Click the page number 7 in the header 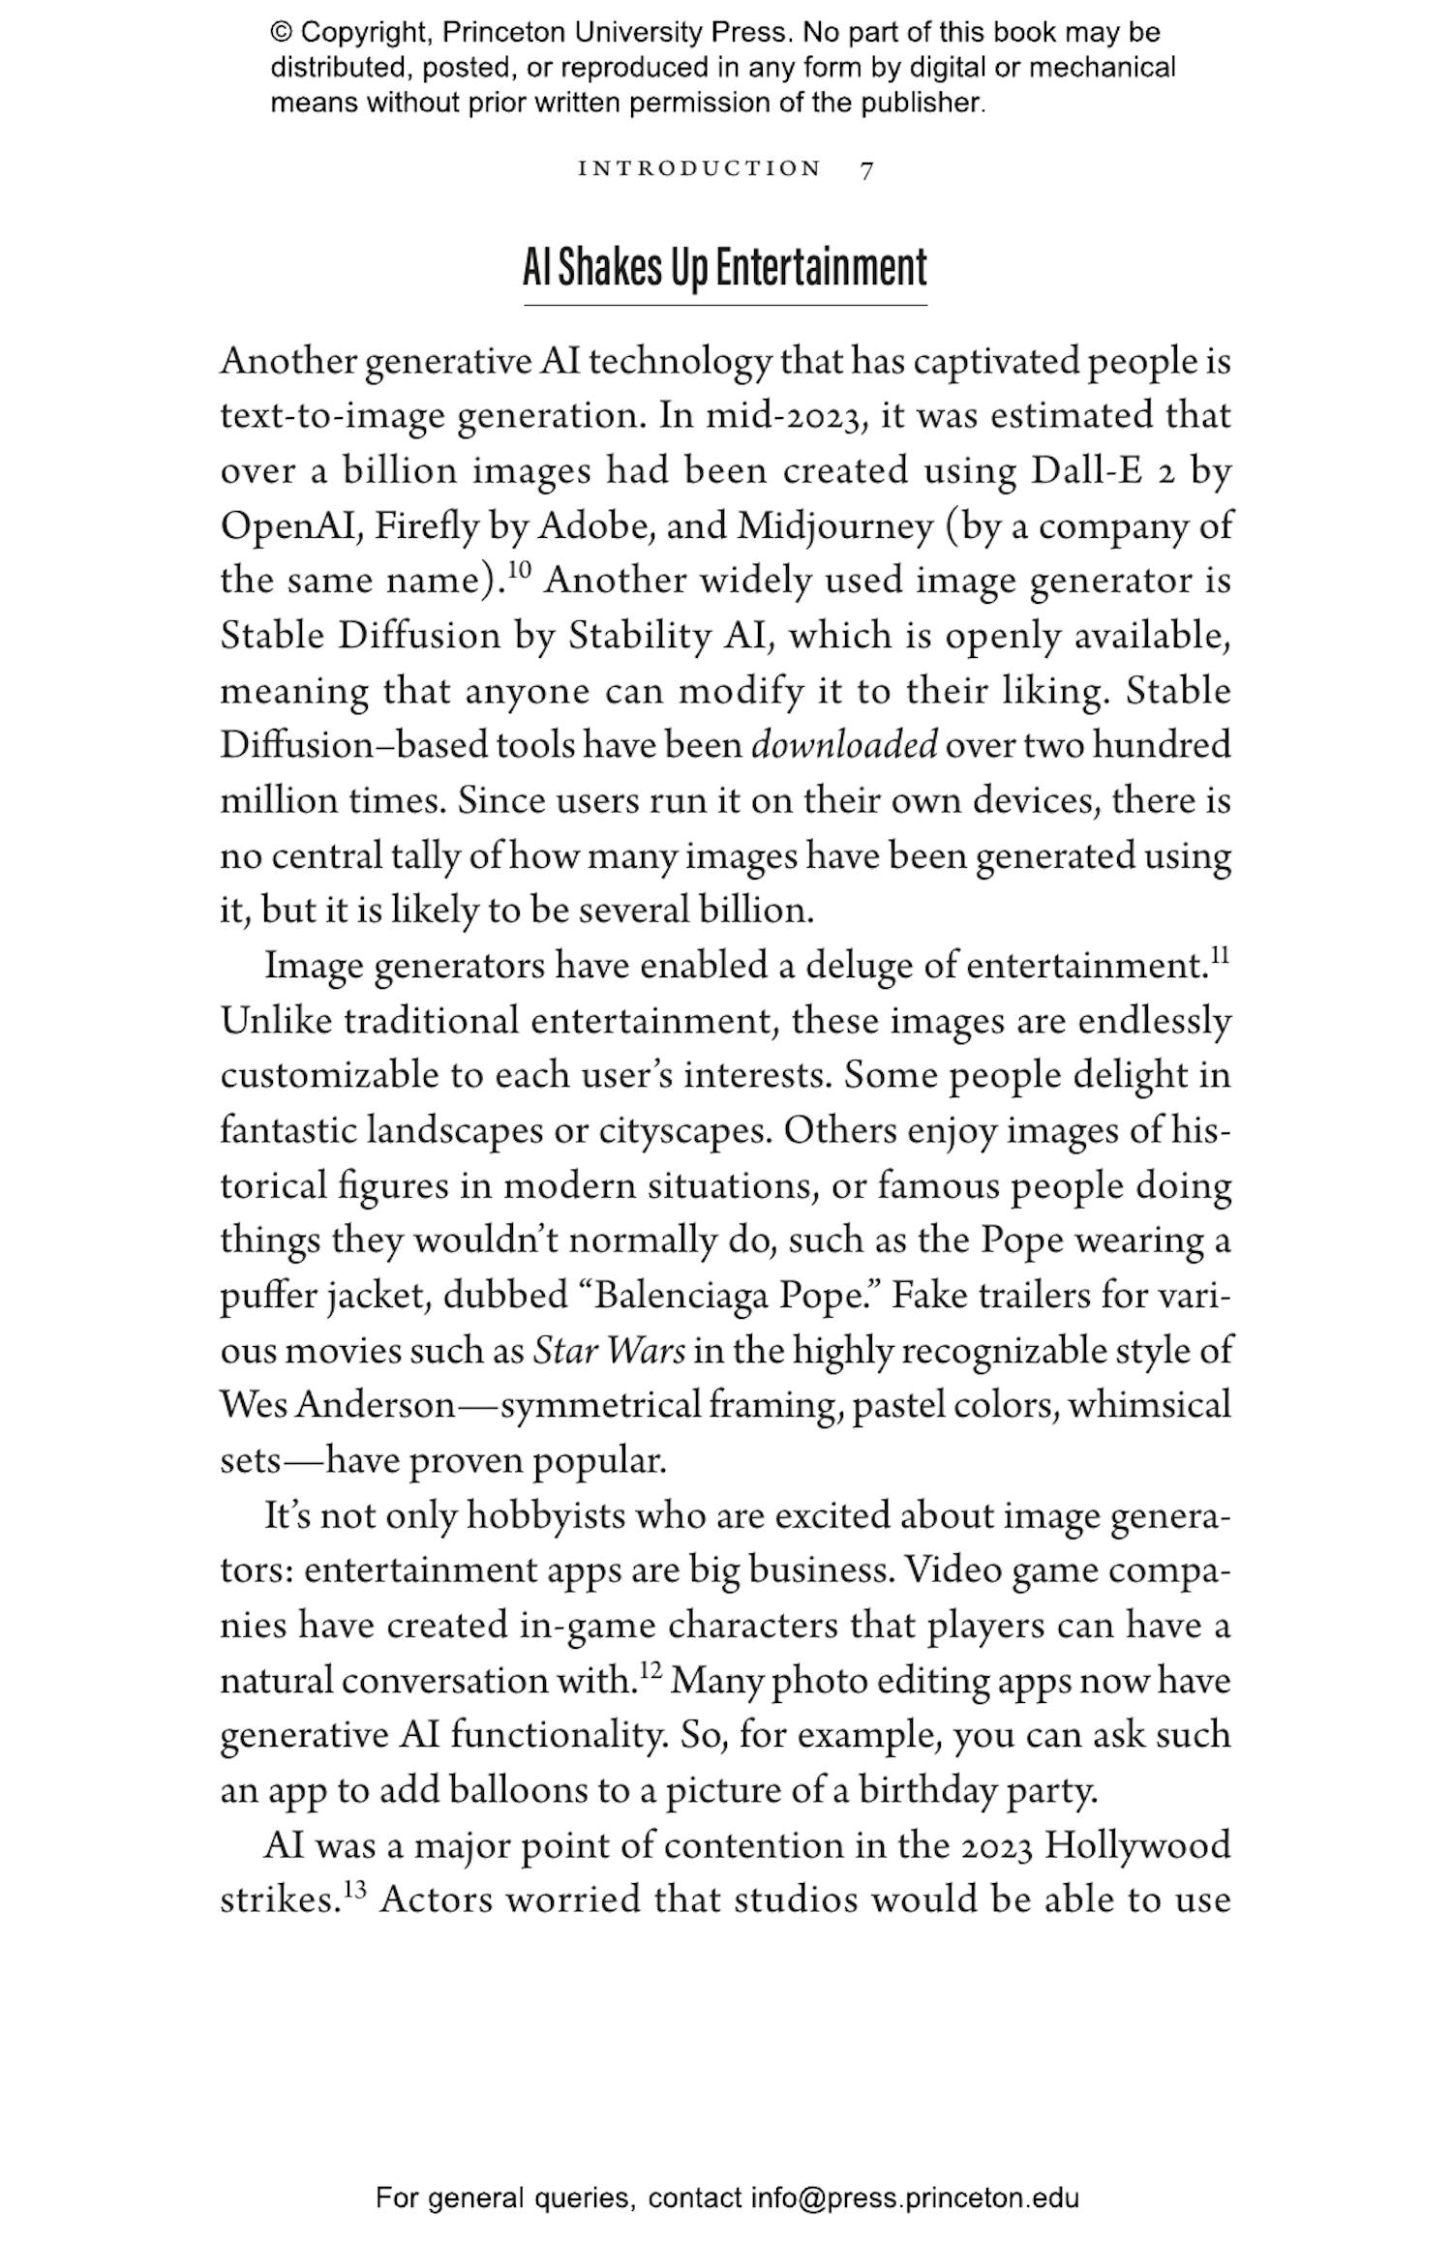coord(866,169)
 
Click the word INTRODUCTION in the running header coord(699,168)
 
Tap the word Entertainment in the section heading coord(821,268)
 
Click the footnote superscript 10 coord(520,569)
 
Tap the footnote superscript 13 coord(354,1890)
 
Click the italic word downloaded coord(844,746)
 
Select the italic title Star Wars coord(609,1351)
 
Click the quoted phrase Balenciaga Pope coord(729,1296)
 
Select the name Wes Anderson coord(337,1405)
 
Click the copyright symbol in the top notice coord(281,33)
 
